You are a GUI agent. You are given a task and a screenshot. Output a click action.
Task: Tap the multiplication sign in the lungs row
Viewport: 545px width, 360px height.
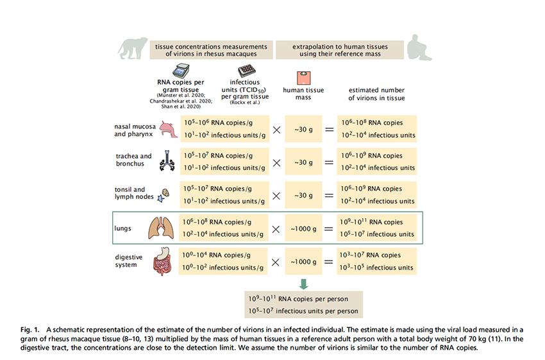click(x=276, y=228)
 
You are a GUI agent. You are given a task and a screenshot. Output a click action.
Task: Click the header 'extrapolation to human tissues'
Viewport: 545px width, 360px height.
click(x=340, y=51)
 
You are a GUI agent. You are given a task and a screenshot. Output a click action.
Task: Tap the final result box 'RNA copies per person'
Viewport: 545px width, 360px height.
click(x=303, y=300)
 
